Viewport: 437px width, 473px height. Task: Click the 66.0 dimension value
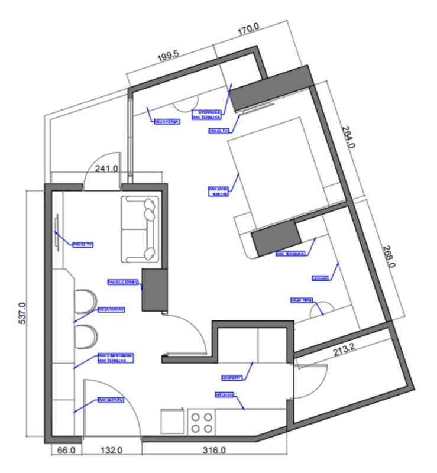pos(66,451)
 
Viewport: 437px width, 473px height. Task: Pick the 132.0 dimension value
pos(111,451)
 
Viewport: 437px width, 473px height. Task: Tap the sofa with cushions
pos(140,229)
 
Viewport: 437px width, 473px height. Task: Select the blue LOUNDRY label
pos(232,375)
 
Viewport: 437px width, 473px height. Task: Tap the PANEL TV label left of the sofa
pos(83,244)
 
